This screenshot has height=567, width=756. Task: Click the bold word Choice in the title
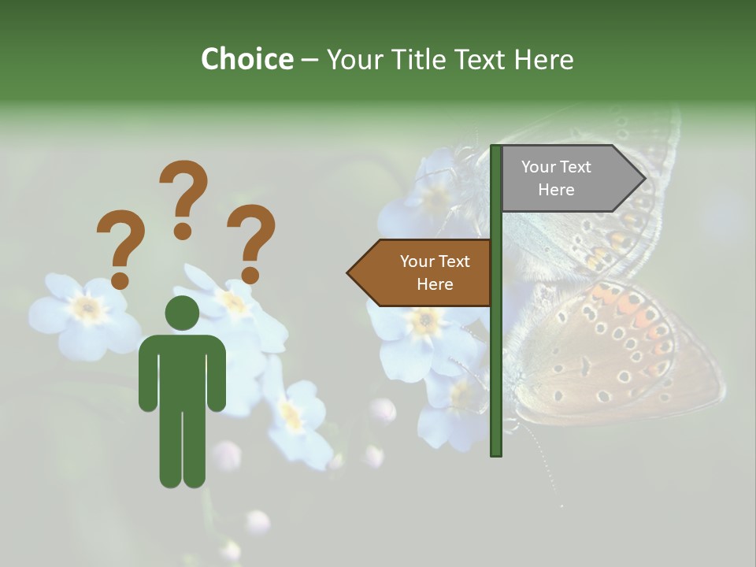[x=246, y=59]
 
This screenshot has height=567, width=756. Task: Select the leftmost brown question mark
[x=120, y=249]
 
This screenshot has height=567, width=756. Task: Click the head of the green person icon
[x=182, y=313]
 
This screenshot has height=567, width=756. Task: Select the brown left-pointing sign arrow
[x=421, y=272]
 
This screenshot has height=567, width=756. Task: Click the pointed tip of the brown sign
[x=350, y=273]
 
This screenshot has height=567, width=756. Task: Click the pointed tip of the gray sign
[x=643, y=179]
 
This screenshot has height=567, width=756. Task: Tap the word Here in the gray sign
[x=556, y=190]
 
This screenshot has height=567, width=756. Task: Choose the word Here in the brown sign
[x=435, y=284]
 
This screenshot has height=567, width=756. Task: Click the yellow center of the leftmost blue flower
[x=87, y=310]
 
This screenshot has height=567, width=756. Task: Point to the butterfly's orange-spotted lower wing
[x=622, y=354]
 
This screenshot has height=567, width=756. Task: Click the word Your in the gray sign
[x=539, y=167]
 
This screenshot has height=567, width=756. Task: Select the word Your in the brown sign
[x=417, y=261]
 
